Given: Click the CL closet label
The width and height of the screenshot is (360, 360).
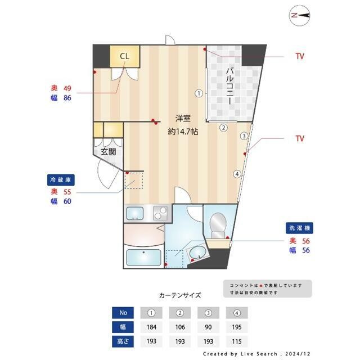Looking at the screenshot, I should pyautogui.click(x=124, y=56).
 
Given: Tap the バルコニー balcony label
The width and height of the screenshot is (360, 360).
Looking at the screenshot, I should pyautogui.click(x=230, y=84).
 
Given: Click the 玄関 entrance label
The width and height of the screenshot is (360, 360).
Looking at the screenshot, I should pyautogui.click(x=108, y=152).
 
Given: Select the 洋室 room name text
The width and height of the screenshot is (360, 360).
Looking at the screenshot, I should pyautogui.click(x=183, y=119).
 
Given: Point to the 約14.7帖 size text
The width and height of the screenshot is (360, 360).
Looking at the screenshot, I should pyautogui.click(x=183, y=132).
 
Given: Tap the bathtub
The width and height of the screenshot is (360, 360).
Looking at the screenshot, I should pyautogui.click(x=143, y=259).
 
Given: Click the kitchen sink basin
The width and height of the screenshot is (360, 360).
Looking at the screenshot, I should pyautogui.click(x=136, y=213).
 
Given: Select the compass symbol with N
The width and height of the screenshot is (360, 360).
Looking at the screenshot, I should pyautogui.click(x=301, y=16).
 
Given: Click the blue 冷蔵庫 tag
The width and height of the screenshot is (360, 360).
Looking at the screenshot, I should pyautogui.click(x=61, y=180).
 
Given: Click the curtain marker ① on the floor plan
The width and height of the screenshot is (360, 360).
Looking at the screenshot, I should pyautogui.click(x=199, y=93).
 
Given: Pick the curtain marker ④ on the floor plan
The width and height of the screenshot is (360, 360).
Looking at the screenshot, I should pyautogui.click(x=237, y=174).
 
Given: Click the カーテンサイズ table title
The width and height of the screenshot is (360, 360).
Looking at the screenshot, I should pyautogui.click(x=180, y=295).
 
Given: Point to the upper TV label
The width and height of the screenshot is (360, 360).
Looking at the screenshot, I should pyautogui.click(x=300, y=56).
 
